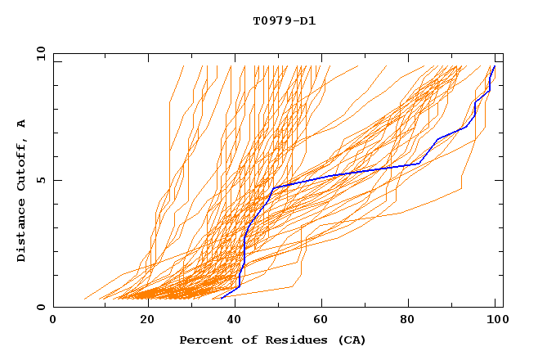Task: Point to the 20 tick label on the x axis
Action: (x=147, y=321)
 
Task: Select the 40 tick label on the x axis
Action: (x=236, y=321)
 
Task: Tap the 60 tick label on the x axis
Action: (x=325, y=321)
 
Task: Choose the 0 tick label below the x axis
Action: (x=53, y=321)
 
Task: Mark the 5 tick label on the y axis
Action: (x=39, y=180)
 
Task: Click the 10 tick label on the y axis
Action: (x=39, y=53)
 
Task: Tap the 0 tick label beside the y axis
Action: (x=39, y=307)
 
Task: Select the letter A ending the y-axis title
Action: (x=22, y=123)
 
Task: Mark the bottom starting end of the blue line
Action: (x=222, y=299)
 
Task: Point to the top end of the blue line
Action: (x=494, y=66)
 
